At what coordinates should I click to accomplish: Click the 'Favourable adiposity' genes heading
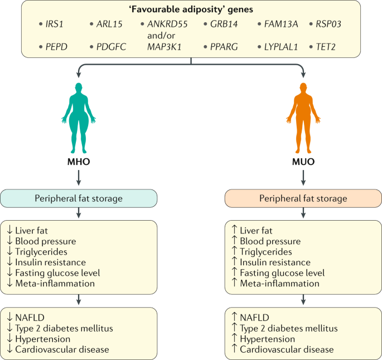pos(191,9)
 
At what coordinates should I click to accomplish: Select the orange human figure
pos(303,112)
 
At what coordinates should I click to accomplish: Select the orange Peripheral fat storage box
pos(303,198)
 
